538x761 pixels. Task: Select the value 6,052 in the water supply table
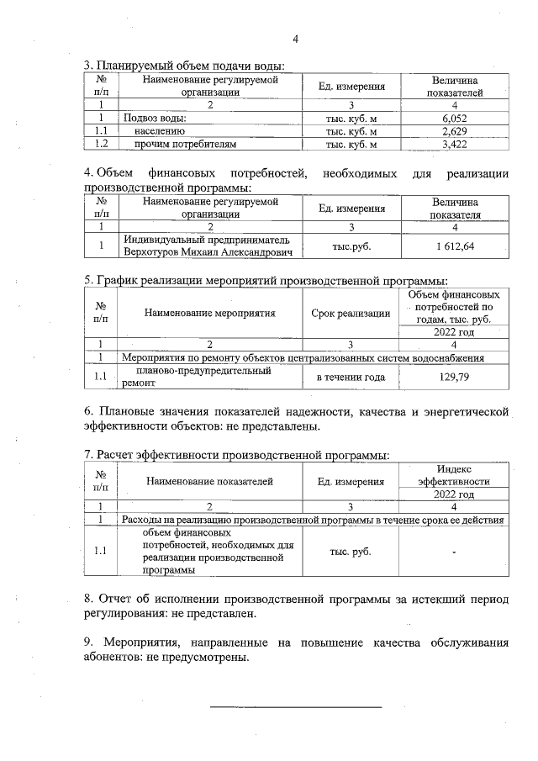coord(454,119)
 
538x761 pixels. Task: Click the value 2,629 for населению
coord(454,132)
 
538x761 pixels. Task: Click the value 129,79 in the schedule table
coord(454,377)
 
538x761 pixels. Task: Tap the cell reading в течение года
coord(351,377)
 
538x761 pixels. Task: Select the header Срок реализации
coord(351,313)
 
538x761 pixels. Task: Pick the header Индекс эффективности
coord(454,476)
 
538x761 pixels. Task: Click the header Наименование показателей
coord(209,482)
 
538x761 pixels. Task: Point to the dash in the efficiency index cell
coord(454,552)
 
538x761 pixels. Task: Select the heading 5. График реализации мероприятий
coord(265,280)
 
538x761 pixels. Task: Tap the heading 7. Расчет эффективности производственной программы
coord(235,455)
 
